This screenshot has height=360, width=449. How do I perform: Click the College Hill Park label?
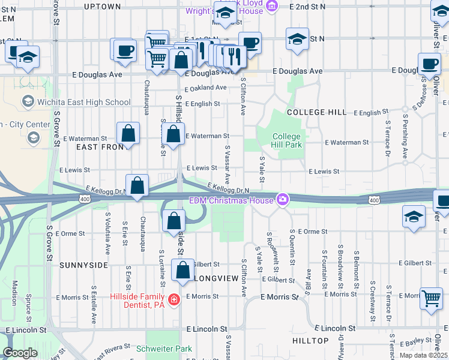pyautogui.click(x=286, y=141)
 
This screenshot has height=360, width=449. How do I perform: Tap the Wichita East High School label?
pyautogui.click(x=83, y=102)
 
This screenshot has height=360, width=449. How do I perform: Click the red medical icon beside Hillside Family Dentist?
pyautogui.click(x=174, y=299)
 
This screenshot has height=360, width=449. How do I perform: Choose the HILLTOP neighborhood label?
pyautogui.click(x=310, y=341)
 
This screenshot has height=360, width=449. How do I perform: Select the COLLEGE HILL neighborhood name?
pyautogui.click(x=316, y=113)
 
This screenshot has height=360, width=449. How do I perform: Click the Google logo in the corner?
pyautogui.click(x=20, y=353)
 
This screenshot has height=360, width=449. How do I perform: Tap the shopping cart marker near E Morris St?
pyautogui.click(x=431, y=298)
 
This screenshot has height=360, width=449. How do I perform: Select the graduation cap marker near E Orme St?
pyautogui.click(x=414, y=217)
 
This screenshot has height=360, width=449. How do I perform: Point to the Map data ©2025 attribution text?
pyautogui.click(x=423, y=355)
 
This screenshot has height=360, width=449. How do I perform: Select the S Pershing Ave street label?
pyautogui.click(x=406, y=137)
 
